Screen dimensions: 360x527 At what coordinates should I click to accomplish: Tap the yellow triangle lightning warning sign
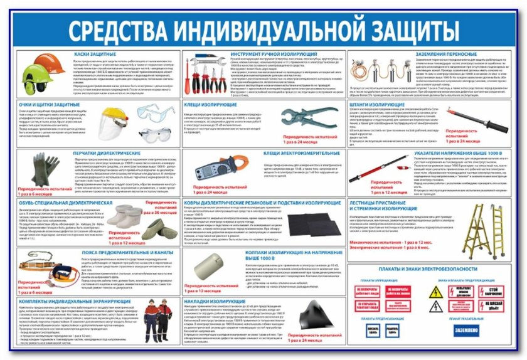click(436, 292)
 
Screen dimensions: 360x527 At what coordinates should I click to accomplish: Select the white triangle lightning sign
click(436, 306)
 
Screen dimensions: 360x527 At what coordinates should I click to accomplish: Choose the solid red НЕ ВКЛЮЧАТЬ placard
click(398, 291)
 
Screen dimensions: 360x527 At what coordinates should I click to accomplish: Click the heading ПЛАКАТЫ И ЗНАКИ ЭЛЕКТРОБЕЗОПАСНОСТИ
click(427, 269)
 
